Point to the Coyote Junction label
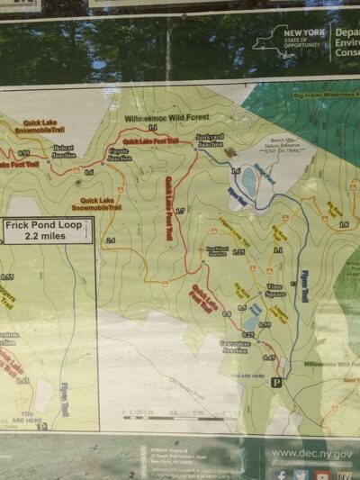point(119,155)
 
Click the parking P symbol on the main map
point(276,383)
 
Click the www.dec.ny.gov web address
point(312,454)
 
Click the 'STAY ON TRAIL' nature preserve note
point(287,149)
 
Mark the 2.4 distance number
point(111,240)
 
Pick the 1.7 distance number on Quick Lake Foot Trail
point(180,211)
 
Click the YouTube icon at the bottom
point(322,475)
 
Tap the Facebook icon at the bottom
point(280,475)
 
